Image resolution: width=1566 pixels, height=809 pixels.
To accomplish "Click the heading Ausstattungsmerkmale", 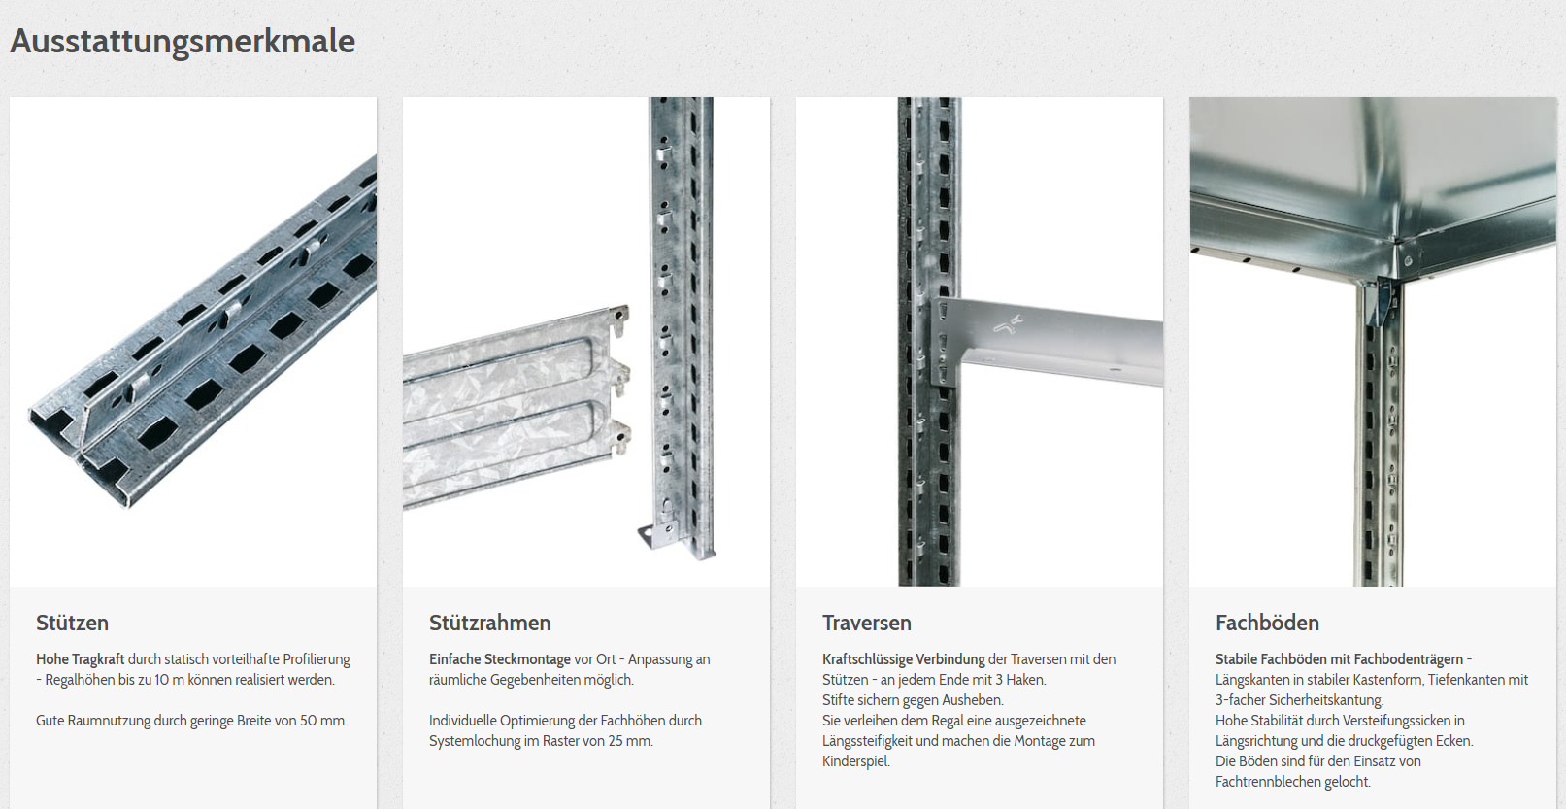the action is pyautogui.click(x=183, y=41).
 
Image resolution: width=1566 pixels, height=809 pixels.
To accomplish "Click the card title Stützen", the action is pyautogui.click(x=72, y=623).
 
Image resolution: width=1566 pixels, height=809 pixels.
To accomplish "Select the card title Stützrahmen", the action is pyautogui.click(x=489, y=623).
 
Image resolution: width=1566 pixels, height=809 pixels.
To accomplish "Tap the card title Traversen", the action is pyautogui.click(x=866, y=623).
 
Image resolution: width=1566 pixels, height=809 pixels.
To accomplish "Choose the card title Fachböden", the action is pyautogui.click(x=1267, y=623).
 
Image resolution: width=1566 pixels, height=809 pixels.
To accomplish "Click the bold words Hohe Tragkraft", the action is pyautogui.click(x=81, y=659).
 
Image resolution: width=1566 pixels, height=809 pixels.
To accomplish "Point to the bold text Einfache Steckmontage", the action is pyautogui.click(x=500, y=659).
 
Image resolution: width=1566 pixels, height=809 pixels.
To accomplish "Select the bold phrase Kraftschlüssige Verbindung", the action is pyautogui.click(x=903, y=659).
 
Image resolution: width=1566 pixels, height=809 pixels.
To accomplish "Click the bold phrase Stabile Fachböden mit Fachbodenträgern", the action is pyautogui.click(x=1339, y=659).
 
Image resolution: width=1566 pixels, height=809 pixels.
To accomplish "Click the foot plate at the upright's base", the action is pyautogui.click(x=657, y=536).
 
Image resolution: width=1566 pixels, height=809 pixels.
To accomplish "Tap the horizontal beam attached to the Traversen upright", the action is pyautogui.click(x=1049, y=343).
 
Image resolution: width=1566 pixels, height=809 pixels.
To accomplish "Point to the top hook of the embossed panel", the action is pyautogui.click(x=619, y=319).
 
